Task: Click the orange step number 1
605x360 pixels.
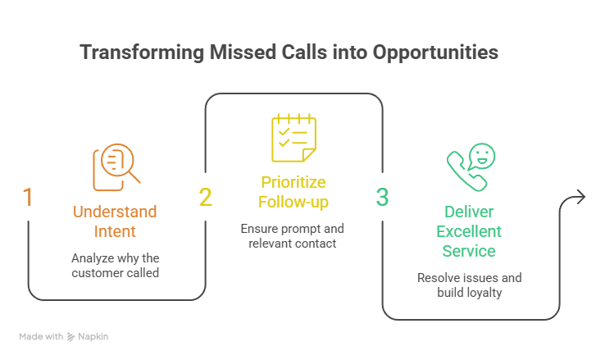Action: (x=28, y=197)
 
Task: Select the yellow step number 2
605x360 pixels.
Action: (x=205, y=197)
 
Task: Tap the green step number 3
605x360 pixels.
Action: (x=382, y=197)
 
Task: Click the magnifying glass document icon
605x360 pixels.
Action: (x=116, y=167)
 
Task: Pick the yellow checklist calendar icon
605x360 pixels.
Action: (x=293, y=138)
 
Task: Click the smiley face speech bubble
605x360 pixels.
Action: (x=482, y=157)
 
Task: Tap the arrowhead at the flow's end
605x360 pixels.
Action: (x=580, y=197)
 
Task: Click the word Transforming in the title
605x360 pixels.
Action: (x=142, y=52)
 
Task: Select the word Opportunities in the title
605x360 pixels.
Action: (x=435, y=52)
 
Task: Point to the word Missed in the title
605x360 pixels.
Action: (x=243, y=52)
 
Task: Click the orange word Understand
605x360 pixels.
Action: (x=115, y=212)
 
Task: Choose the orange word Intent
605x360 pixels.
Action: (x=115, y=231)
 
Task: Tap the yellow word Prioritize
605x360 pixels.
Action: (x=293, y=183)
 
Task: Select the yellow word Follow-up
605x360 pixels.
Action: (x=293, y=203)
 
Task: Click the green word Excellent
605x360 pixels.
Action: (x=469, y=231)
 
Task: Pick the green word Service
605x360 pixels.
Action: (x=469, y=251)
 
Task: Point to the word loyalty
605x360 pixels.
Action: (x=483, y=293)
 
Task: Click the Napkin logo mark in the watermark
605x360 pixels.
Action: (x=71, y=337)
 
